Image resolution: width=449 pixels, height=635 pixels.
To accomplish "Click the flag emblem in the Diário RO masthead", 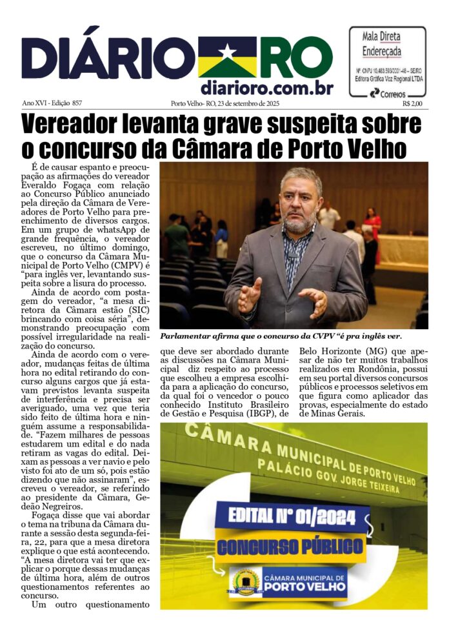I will pyautogui.click(x=227, y=56).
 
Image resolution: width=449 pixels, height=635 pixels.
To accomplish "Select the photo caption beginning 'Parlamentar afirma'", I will pyautogui.click(x=281, y=336).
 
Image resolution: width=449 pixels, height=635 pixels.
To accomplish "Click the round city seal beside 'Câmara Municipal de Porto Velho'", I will pyautogui.click(x=245, y=583).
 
